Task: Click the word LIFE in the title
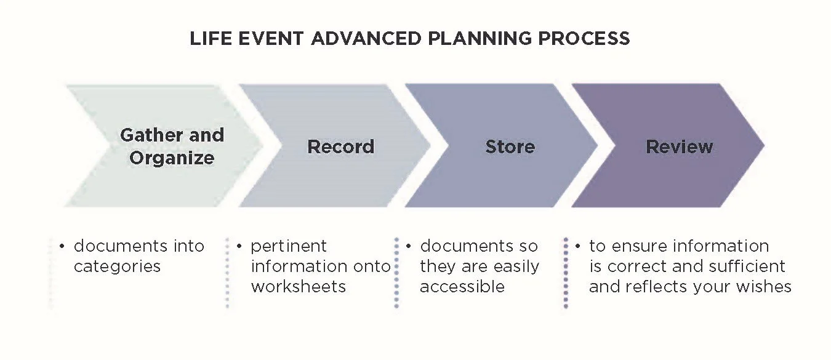pos(209,39)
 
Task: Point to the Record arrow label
pos(340,147)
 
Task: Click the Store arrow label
pos(510,147)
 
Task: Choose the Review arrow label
pos(679,147)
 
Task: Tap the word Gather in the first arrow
pos(148,135)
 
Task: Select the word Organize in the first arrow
pos(172,158)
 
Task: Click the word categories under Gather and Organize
pos(117,266)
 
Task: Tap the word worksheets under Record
pos(298,286)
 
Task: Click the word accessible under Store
pos(462,286)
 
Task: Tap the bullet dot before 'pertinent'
pos(239,247)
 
